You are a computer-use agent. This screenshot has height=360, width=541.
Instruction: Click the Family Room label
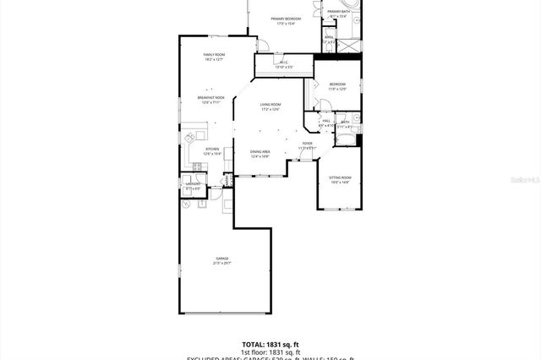click(213, 55)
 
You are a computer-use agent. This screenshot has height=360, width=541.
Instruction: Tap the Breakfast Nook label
click(212, 97)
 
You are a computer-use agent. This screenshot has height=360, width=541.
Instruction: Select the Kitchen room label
click(212, 149)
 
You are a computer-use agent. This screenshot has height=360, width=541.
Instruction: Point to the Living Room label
click(270, 104)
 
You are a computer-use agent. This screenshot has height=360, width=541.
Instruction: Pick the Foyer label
click(307, 144)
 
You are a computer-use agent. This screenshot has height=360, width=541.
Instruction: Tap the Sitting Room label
click(340, 177)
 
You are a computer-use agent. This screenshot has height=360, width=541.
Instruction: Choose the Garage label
click(222, 258)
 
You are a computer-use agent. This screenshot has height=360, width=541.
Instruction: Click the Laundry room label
click(193, 183)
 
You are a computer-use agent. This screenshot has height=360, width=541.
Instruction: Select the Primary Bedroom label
click(286, 18)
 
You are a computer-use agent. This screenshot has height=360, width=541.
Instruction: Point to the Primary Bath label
click(339, 11)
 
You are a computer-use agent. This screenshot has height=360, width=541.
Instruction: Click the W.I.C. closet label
click(283, 63)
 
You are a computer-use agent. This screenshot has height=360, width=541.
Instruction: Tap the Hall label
click(325, 122)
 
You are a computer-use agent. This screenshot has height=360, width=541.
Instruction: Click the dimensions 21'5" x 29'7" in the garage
click(222, 263)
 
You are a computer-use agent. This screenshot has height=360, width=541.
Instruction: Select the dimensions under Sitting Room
click(340, 182)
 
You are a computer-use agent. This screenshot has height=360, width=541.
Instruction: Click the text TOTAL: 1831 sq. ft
click(270, 345)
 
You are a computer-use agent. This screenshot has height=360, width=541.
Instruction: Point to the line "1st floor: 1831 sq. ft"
click(270, 352)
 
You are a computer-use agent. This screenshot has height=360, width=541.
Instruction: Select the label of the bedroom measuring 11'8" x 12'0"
click(337, 85)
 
